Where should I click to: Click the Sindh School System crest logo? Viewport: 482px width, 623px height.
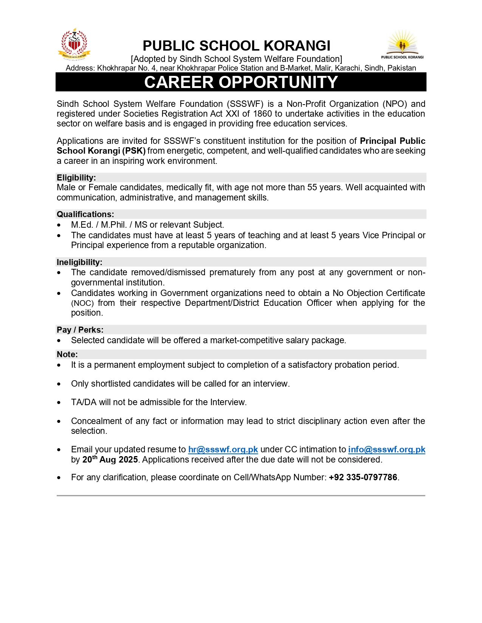[x=74, y=44]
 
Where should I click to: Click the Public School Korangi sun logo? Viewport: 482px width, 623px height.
[x=402, y=44]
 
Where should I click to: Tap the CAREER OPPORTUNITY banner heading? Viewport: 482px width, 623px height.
[x=241, y=82]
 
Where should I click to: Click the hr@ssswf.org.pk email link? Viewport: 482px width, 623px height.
[x=223, y=449]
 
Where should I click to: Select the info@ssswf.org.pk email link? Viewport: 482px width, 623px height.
[x=386, y=449]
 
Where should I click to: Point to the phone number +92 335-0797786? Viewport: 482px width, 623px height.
[x=363, y=477]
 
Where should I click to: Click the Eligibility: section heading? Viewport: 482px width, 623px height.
[x=76, y=177]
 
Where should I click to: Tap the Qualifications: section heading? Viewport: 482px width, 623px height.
[x=85, y=214]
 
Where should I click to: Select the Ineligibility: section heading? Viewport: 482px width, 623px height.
[x=79, y=262]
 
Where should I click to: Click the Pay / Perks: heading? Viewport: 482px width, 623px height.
[x=80, y=330]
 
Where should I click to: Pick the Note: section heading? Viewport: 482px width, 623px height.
[x=67, y=354]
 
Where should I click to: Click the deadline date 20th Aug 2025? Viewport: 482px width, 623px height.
[x=110, y=460]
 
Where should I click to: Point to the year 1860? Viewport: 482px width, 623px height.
[x=262, y=114]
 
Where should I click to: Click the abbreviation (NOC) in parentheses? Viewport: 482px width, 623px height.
[x=82, y=303]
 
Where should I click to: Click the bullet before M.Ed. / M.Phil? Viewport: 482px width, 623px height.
[x=59, y=225]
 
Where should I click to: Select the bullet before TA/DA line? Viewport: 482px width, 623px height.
[x=59, y=402]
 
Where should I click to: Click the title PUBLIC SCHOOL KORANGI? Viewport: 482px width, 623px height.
[x=236, y=46]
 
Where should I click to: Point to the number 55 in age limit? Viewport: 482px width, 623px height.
[x=312, y=187]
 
